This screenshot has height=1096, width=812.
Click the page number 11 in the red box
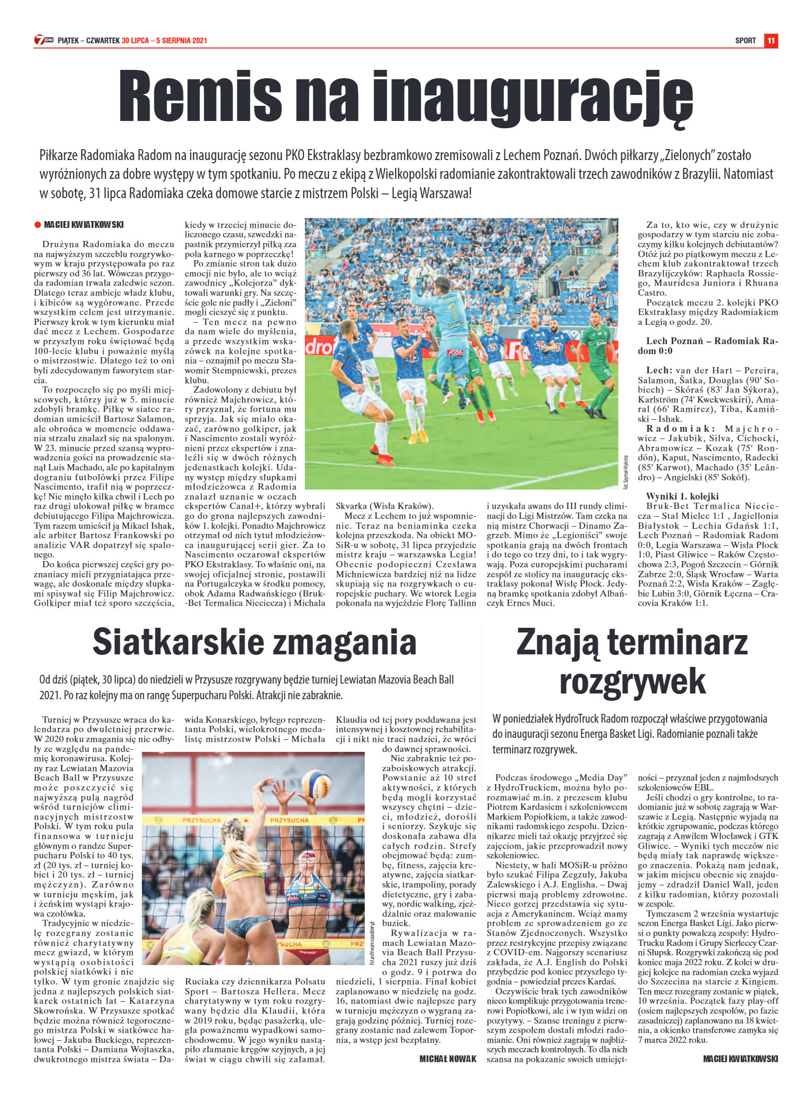pyautogui.click(x=771, y=40)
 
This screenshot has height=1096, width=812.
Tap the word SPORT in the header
pyautogui.click(x=745, y=41)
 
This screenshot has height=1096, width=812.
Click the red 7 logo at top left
pyautogui.click(x=39, y=40)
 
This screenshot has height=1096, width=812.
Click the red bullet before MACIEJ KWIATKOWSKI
pyautogui.click(x=38, y=225)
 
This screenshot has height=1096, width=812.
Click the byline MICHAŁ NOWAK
pyautogui.click(x=448, y=1058)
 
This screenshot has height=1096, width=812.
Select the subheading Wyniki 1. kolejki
pyautogui.click(x=682, y=496)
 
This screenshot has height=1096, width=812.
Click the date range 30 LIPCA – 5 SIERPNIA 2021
pyautogui.click(x=165, y=41)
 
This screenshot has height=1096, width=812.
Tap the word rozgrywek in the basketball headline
pyautogui.click(x=632, y=681)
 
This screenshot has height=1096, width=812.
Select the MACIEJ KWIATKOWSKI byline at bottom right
pyautogui.click(x=740, y=1058)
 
